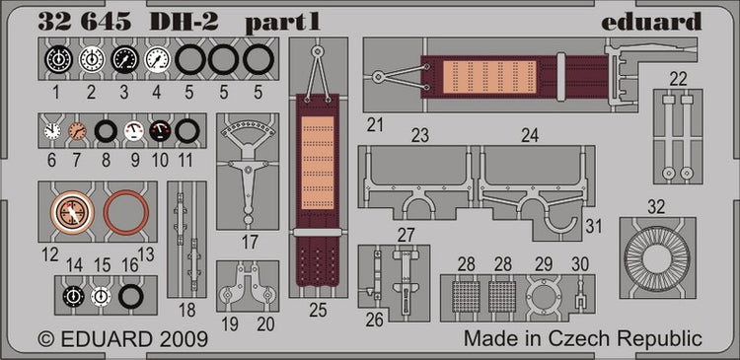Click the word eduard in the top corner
point(651,22)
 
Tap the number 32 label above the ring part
point(656,207)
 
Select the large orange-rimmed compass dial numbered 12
point(72,212)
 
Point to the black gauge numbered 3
point(124,59)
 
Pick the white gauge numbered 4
point(157,59)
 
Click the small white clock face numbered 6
point(52,131)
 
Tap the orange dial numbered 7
point(77,131)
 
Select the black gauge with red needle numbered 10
point(160,131)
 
